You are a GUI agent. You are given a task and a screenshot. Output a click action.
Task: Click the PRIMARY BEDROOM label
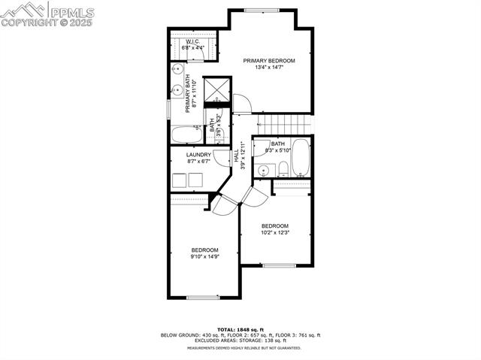click(269, 60)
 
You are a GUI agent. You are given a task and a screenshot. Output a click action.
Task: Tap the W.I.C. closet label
click(191, 41)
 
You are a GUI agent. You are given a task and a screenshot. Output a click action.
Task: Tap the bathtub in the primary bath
click(186, 135)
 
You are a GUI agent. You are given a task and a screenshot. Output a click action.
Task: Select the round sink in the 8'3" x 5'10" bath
click(263, 170)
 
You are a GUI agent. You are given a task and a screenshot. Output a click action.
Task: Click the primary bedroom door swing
click(240, 103)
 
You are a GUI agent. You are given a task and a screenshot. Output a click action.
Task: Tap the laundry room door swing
click(220, 158)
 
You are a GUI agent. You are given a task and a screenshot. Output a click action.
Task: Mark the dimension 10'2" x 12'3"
click(275, 233)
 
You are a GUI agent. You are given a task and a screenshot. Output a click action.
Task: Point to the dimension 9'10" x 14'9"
click(204, 257)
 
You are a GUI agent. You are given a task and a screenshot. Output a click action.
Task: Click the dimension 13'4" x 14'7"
click(268, 68)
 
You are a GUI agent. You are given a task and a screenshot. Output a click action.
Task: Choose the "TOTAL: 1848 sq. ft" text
click(240, 329)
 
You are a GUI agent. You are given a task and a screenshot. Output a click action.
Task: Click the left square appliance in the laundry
click(180, 180)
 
